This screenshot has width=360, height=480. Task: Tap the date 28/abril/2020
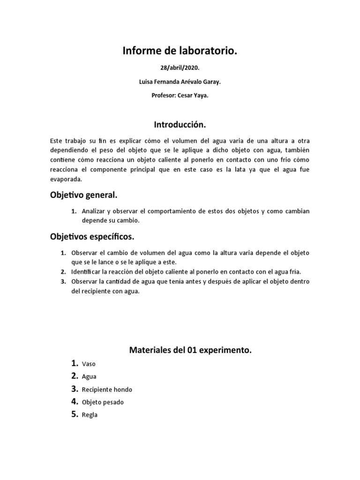pyautogui.click(x=180, y=68)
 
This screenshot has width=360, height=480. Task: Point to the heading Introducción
pyautogui.click(x=180, y=125)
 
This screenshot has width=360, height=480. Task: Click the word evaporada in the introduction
pyautogui.click(x=66, y=179)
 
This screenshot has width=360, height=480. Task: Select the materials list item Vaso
pyautogui.click(x=88, y=364)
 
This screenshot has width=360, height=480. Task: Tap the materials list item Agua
pyautogui.click(x=89, y=376)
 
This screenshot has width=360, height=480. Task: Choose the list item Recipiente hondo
pyautogui.click(x=107, y=390)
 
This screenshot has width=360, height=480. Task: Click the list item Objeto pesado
pyautogui.click(x=103, y=402)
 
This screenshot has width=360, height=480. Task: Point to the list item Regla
pyautogui.click(x=90, y=415)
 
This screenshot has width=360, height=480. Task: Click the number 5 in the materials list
pyautogui.click(x=74, y=414)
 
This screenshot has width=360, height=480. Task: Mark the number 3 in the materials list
pyautogui.click(x=74, y=389)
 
